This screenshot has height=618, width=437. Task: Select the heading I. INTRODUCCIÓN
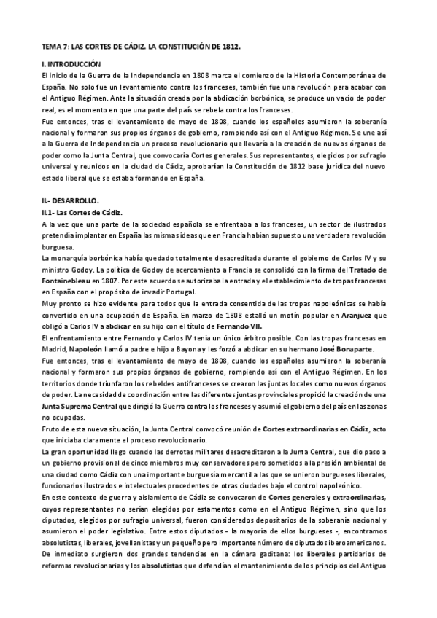point(71,65)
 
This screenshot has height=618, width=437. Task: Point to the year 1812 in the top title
point(229,46)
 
